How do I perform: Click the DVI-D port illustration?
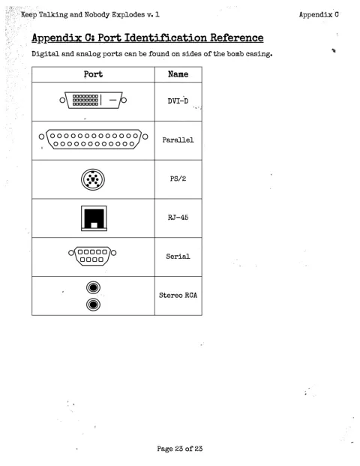pyautogui.click(x=93, y=100)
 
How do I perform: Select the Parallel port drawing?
pyautogui.click(x=93, y=139)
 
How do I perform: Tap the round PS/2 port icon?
pyautogui.click(x=93, y=179)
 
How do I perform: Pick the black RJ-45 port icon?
pyautogui.click(x=94, y=218)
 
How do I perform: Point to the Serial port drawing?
pyautogui.click(x=92, y=256)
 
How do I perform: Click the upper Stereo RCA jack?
pyautogui.click(x=93, y=287)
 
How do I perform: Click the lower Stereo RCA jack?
pyautogui.click(x=93, y=305)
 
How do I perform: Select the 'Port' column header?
pyautogui.click(x=93, y=74)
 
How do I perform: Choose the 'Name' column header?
pyautogui.click(x=178, y=74)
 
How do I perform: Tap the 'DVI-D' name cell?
pyautogui.click(x=178, y=101)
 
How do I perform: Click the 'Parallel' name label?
pyautogui.click(x=178, y=140)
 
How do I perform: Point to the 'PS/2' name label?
pyautogui.click(x=178, y=179)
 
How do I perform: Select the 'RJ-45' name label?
pyautogui.click(x=178, y=218)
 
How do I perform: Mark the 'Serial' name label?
pyautogui.click(x=178, y=256)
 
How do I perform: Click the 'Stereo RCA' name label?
pyautogui.click(x=178, y=295)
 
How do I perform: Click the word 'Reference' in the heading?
pyautogui.click(x=237, y=38)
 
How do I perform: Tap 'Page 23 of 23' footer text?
pyautogui.click(x=180, y=449)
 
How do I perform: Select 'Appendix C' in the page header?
pyautogui.click(x=319, y=14)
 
